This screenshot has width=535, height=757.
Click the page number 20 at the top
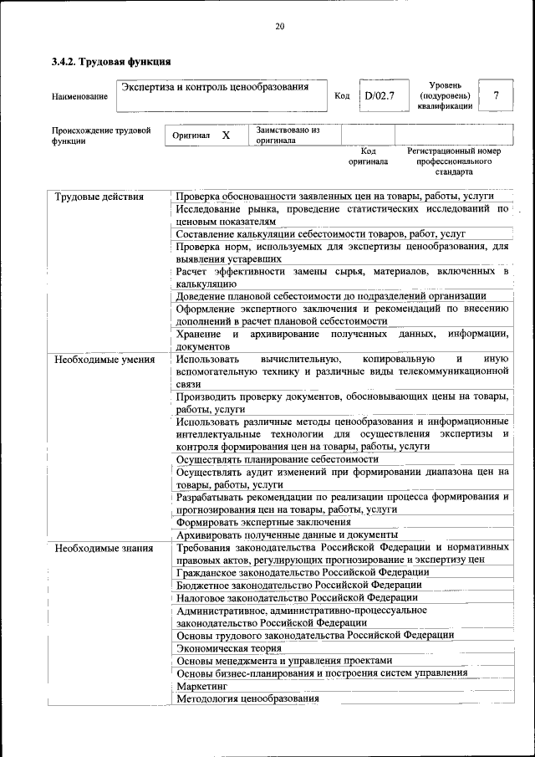click(x=279, y=27)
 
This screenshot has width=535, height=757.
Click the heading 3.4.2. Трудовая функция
click(x=111, y=62)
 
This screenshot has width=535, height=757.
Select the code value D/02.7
click(x=379, y=95)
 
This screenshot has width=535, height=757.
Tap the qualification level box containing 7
click(x=497, y=95)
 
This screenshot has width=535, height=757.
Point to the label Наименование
click(x=79, y=97)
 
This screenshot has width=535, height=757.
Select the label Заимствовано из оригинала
click(x=288, y=136)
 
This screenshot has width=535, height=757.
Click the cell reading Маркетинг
click(x=201, y=686)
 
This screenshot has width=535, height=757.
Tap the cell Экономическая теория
click(x=229, y=647)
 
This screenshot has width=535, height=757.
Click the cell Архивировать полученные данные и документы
click(x=287, y=535)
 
